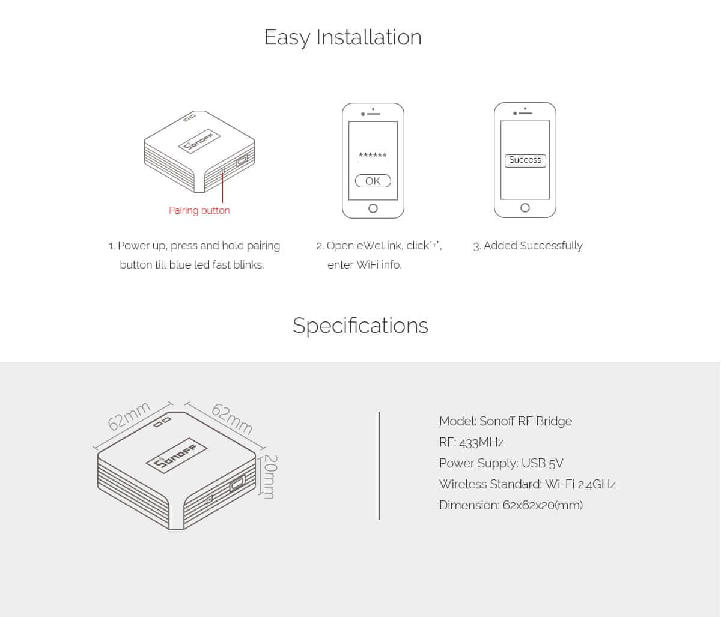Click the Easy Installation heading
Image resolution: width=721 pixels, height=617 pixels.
click(343, 38)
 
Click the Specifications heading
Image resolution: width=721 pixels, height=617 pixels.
click(360, 326)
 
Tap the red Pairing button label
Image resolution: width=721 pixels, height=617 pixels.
click(199, 211)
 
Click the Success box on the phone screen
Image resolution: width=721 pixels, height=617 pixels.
click(525, 160)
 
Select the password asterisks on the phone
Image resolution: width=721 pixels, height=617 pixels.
click(373, 155)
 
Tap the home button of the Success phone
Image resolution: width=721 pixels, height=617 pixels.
click(525, 208)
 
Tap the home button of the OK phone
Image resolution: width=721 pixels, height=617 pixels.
click(373, 208)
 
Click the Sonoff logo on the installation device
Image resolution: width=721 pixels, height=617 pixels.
click(199, 141)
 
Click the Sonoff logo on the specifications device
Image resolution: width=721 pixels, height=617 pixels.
click(177, 456)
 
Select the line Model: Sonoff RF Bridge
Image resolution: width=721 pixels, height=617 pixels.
click(505, 421)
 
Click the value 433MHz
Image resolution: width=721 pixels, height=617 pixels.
click(482, 443)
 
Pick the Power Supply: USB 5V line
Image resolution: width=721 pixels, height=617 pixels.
click(501, 464)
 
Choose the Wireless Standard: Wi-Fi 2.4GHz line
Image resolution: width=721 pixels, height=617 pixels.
click(528, 484)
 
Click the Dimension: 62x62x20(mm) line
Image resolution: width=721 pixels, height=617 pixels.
click(511, 505)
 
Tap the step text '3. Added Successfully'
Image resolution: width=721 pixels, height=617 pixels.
click(528, 246)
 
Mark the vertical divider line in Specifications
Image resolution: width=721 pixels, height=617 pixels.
click(379, 465)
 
